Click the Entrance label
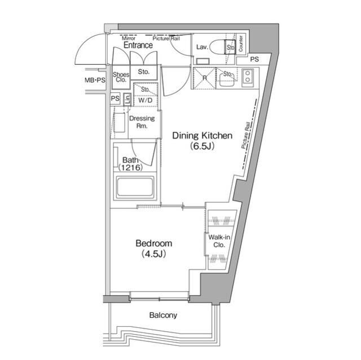(138, 45)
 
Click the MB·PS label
(95, 81)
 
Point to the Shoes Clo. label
(121, 77)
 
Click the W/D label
(145, 100)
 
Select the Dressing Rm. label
(143, 122)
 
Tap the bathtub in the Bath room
(135, 187)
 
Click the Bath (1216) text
(131, 164)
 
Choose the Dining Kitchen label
(202, 135)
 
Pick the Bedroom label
(153, 243)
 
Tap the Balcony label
(163, 315)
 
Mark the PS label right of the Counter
(255, 59)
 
